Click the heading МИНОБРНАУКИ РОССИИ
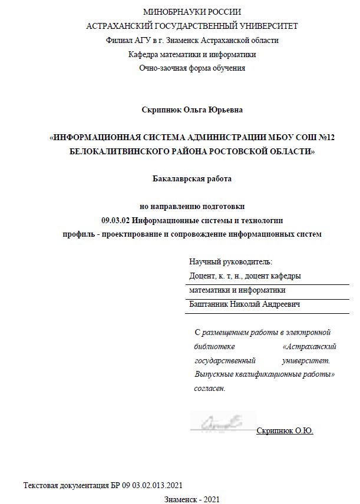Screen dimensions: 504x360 point(191,12)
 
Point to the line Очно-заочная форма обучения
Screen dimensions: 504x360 point(191,68)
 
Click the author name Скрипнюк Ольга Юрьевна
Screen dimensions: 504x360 point(191,110)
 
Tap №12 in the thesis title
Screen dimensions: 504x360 point(323,137)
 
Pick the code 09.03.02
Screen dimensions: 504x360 point(115,221)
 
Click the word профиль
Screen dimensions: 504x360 point(79,234)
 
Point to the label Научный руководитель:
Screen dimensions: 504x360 point(230,261)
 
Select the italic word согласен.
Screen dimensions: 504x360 point(210,389)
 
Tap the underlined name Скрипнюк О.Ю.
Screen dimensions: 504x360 point(285,431)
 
